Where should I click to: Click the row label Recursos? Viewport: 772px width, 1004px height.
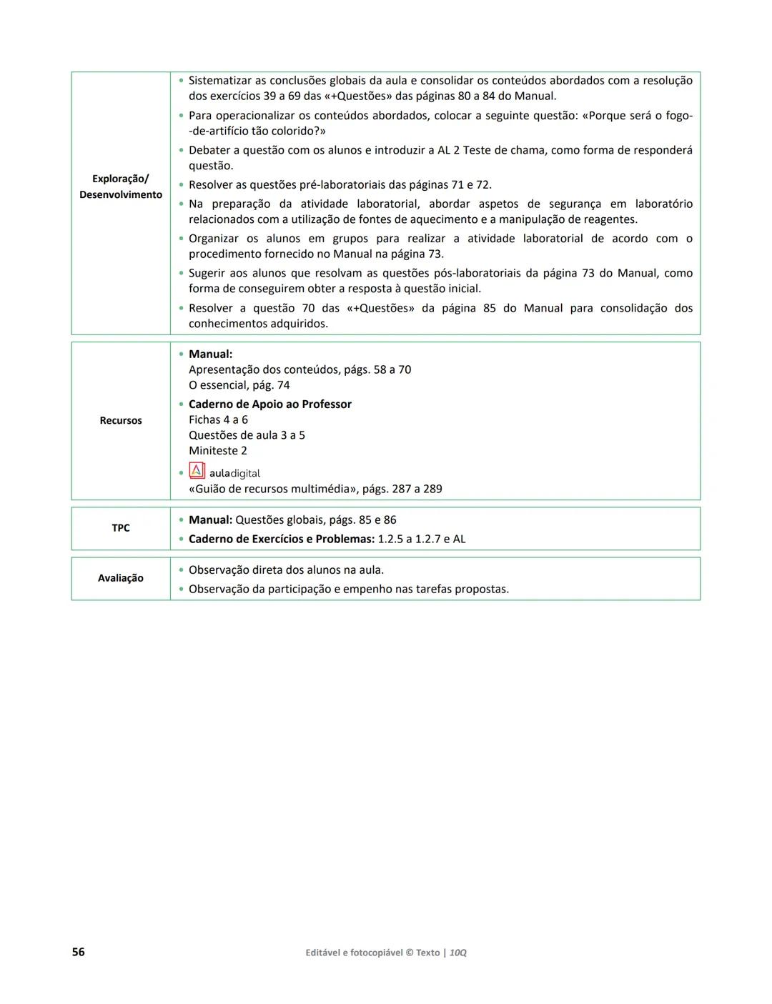[x=121, y=421]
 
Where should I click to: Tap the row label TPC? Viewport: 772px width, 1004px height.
[x=121, y=528]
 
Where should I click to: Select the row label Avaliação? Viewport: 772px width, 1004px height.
[x=121, y=578]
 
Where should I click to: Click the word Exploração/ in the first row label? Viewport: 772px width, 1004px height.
[x=121, y=179]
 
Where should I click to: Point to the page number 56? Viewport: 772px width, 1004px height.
[x=79, y=952]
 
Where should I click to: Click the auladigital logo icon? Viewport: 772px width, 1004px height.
[x=197, y=472]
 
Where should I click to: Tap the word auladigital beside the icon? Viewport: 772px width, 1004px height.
[x=234, y=474]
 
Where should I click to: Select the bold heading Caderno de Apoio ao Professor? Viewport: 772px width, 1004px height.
[x=270, y=404]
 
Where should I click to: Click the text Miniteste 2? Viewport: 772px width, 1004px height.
[x=218, y=451]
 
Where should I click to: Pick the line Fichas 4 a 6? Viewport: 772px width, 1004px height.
[x=218, y=420]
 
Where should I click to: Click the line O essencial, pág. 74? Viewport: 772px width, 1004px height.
[x=239, y=385]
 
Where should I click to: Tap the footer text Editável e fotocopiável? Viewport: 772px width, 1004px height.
[x=354, y=953]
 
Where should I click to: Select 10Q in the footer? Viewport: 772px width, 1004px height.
[x=458, y=953]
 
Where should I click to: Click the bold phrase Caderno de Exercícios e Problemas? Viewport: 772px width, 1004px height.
[x=282, y=540]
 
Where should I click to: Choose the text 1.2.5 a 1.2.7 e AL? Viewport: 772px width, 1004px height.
[x=422, y=540]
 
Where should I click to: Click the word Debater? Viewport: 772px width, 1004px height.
[x=209, y=151]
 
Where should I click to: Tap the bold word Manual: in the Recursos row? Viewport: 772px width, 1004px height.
[x=210, y=354]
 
